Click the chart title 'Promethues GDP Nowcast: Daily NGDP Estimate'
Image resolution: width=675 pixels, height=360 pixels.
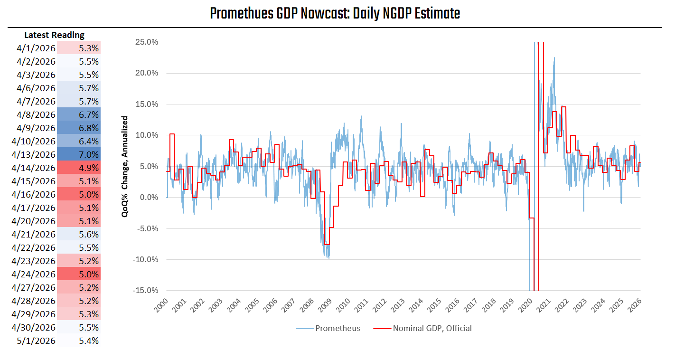tap(335, 14)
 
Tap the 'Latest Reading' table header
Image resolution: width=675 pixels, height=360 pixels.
tap(54, 35)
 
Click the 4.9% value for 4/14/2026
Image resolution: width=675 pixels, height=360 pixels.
tap(89, 168)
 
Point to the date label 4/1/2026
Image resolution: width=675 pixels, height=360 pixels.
tap(36, 48)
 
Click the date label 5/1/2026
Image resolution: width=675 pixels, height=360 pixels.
tap(36, 341)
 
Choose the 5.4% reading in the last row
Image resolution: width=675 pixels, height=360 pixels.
tap(89, 341)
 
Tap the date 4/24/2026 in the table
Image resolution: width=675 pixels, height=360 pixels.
tap(33, 275)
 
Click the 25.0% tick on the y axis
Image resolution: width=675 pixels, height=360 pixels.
tap(147, 42)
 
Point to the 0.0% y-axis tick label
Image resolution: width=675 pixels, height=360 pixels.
tap(149, 198)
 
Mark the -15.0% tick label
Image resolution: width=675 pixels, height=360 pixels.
tap(145, 291)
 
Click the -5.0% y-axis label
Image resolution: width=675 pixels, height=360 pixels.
tap(147, 228)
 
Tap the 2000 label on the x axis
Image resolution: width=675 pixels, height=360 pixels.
tap(161, 305)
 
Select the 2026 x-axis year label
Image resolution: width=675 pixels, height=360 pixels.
tap(634, 305)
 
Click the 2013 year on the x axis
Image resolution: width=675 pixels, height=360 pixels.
tap(398, 305)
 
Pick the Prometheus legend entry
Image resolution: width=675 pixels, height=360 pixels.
tap(328, 328)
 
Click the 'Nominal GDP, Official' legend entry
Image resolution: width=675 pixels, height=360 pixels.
tap(422, 328)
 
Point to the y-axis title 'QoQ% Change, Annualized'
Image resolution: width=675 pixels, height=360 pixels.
tap(125, 166)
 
